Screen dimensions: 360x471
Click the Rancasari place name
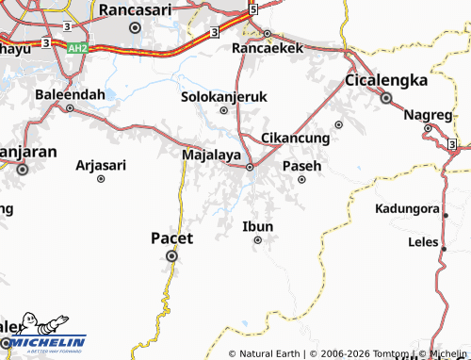coord(135,9)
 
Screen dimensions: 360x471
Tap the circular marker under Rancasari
coord(135,28)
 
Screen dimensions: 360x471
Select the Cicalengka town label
coord(386,80)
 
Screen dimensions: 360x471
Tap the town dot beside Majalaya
coord(250,168)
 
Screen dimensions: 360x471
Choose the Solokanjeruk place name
coord(224,96)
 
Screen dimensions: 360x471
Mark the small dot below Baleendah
coord(70,107)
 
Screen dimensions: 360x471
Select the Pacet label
coord(171,237)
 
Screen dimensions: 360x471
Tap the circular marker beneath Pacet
coord(171,255)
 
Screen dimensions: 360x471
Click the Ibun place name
coord(257,226)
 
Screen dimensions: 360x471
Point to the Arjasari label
coord(100,165)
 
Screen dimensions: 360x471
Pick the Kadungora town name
coord(407,208)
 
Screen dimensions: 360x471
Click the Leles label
coord(423,241)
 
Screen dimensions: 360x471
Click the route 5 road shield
coord(252,8)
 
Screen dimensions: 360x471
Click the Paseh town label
coord(301,165)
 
